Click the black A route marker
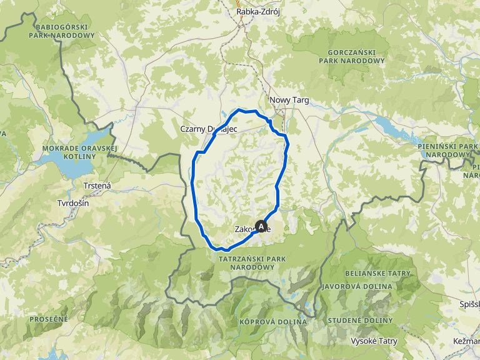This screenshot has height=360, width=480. click(x=261, y=227)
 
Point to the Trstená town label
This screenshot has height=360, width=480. click(x=97, y=185)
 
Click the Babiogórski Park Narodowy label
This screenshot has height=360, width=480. click(x=62, y=31)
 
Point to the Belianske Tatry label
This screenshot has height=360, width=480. click(x=377, y=274)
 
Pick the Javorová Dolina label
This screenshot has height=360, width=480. click(x=357, y=286)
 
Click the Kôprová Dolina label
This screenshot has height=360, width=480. click(x=272, y=321)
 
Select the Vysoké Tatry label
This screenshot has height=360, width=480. click(x=374, y=341)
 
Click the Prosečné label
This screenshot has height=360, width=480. click(x=48, y=319)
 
